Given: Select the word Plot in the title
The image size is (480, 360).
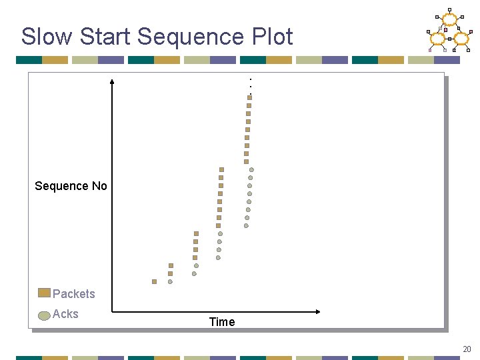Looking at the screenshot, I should (271, 37).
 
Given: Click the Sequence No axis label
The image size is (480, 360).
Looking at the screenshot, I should (71, 186).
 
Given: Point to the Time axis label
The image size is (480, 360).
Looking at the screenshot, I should (222, 322).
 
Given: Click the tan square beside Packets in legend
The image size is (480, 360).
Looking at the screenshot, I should (44, 293).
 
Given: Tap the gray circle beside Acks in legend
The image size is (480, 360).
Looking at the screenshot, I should (44, 315).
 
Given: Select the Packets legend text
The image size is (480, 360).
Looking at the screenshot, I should (74, 294).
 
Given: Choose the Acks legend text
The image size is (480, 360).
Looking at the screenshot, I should (65, 314).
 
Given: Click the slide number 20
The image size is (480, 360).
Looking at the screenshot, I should (467, 349).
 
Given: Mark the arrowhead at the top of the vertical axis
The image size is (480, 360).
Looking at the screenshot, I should (112, 81).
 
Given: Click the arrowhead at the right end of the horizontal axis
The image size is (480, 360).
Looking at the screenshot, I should (318, 311).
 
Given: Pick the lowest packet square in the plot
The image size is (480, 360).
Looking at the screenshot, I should (154, 281).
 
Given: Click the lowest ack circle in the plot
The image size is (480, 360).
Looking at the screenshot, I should (170, 281).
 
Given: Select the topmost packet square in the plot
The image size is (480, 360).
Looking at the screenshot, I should (249, 97).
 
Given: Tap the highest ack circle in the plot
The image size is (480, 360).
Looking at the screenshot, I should (251, 170).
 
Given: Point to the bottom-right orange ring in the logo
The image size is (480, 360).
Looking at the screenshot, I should (461, 39).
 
